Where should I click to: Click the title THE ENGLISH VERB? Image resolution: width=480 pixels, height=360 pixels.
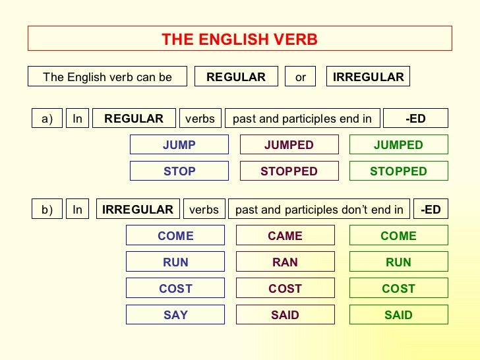239,40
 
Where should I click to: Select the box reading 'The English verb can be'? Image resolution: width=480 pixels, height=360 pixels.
107,77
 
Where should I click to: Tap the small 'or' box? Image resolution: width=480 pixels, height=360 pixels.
301,77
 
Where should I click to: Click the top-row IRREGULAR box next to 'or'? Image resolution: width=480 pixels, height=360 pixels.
369,77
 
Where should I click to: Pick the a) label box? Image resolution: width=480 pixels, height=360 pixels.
47,119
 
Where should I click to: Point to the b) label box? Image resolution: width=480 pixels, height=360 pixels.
47,210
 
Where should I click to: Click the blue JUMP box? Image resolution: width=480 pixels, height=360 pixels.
179,145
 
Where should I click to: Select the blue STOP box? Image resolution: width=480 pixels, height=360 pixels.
179,171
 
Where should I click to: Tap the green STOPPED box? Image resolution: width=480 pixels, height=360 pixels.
398,171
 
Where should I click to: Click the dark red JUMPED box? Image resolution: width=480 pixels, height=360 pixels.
289,145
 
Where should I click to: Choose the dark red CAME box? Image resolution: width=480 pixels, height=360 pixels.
285,236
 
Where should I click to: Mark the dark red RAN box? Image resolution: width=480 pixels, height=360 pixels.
285,262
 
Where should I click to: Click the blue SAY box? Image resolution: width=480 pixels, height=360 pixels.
175,315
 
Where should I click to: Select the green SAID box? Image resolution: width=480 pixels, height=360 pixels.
398,315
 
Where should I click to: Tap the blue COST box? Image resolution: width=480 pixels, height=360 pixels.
175,289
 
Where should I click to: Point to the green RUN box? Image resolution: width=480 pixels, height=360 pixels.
398,262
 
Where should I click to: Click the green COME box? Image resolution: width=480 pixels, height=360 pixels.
398,236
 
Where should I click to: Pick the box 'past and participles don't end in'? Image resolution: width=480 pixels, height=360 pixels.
319,210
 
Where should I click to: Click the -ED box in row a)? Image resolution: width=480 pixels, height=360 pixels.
415,119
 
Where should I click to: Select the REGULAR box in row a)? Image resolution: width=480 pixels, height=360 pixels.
134,119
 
